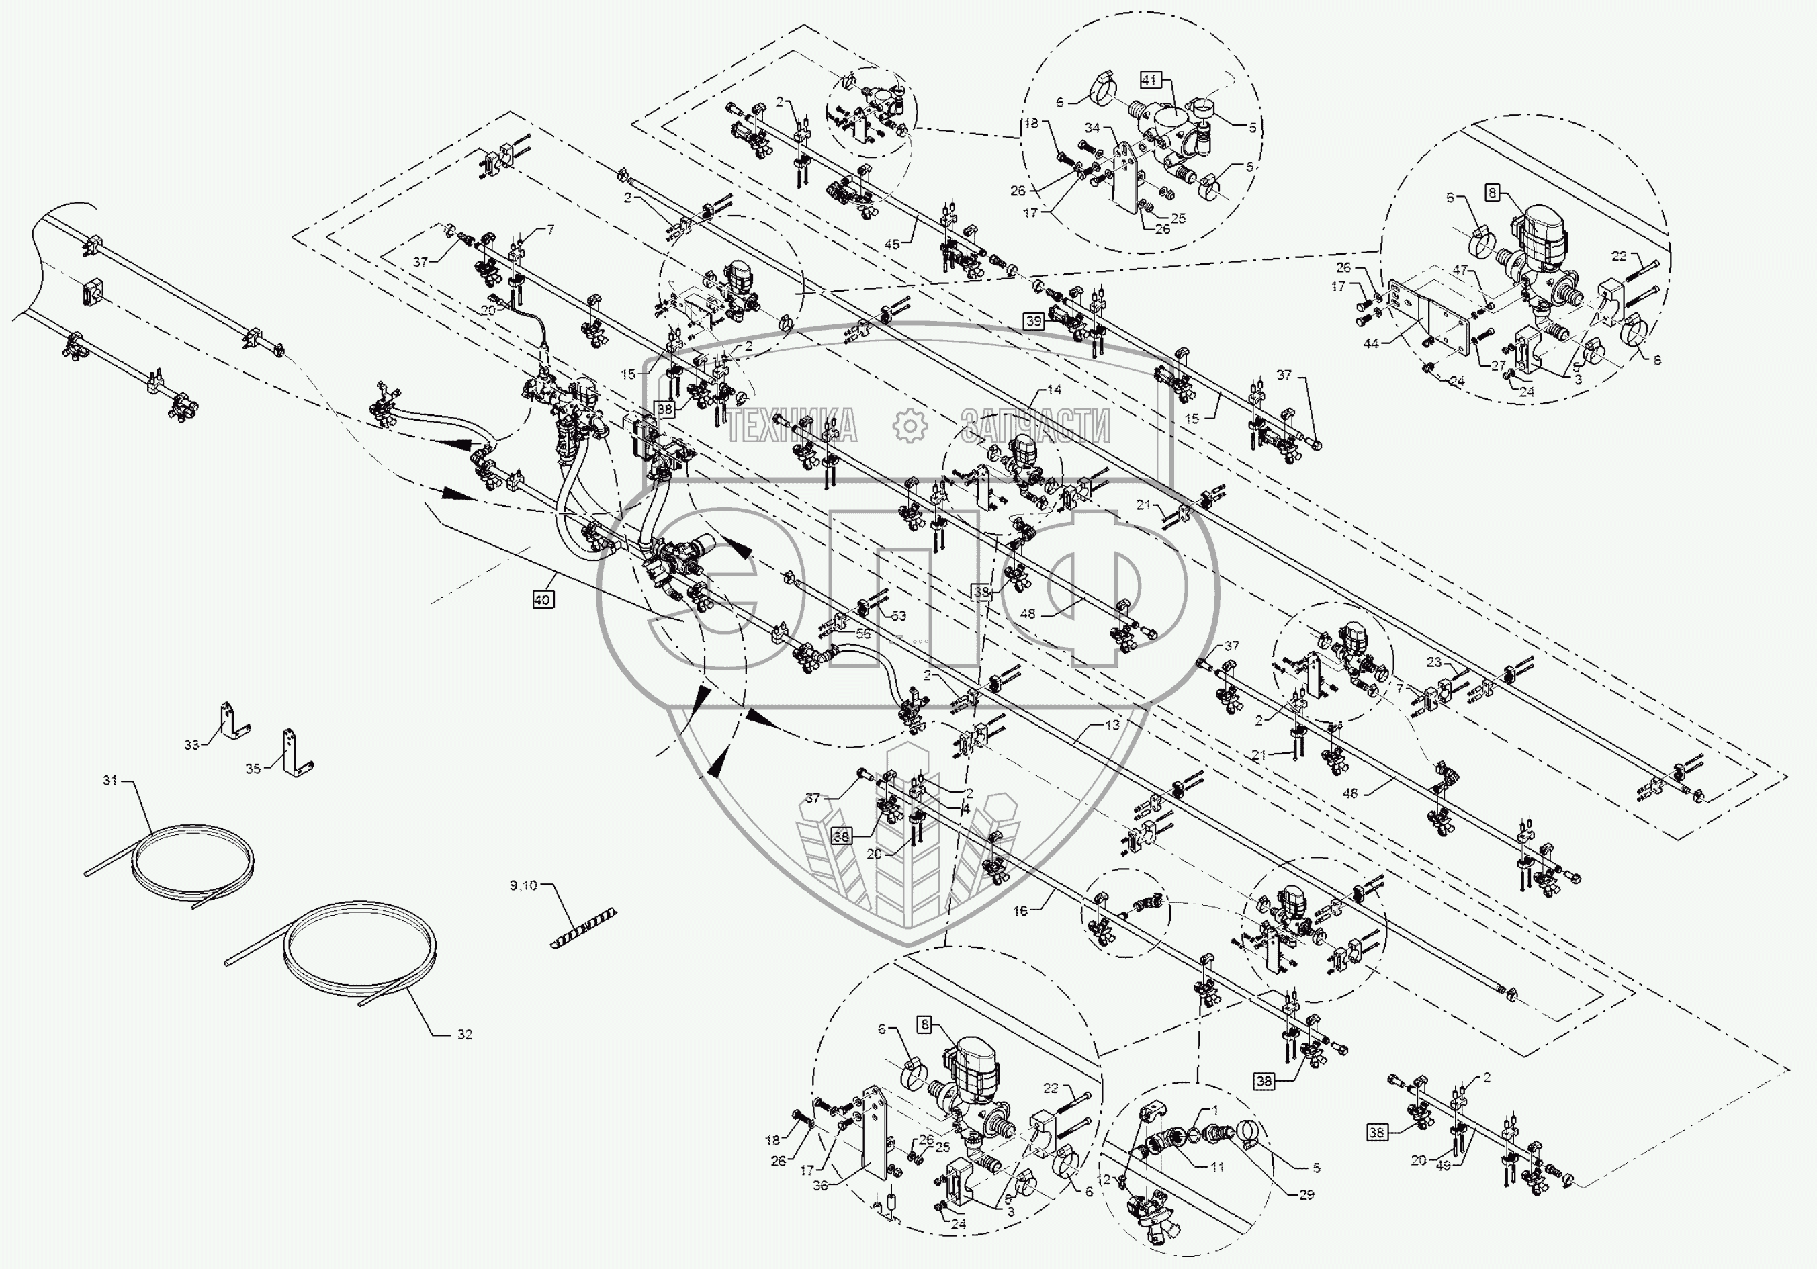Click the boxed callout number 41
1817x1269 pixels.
[x=1150, y=79]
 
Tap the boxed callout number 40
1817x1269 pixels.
[x=541, y=600]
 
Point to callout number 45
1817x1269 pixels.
[x=892, y=245]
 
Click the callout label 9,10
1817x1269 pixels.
[x=523, y=885]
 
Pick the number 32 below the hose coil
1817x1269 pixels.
[x=465, y=1034]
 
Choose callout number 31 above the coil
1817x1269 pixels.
[x=110, y=781]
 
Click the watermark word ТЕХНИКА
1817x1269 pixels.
[x=791, y=427]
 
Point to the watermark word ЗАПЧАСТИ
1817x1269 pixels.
[x=1035, y=427]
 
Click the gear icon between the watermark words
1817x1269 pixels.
[x=910, y=426]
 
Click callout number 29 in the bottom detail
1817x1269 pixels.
[x=1306, y=1194]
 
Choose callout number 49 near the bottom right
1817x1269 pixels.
[x=1444, y=1166]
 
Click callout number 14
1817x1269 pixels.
[x=1054, y=390]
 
